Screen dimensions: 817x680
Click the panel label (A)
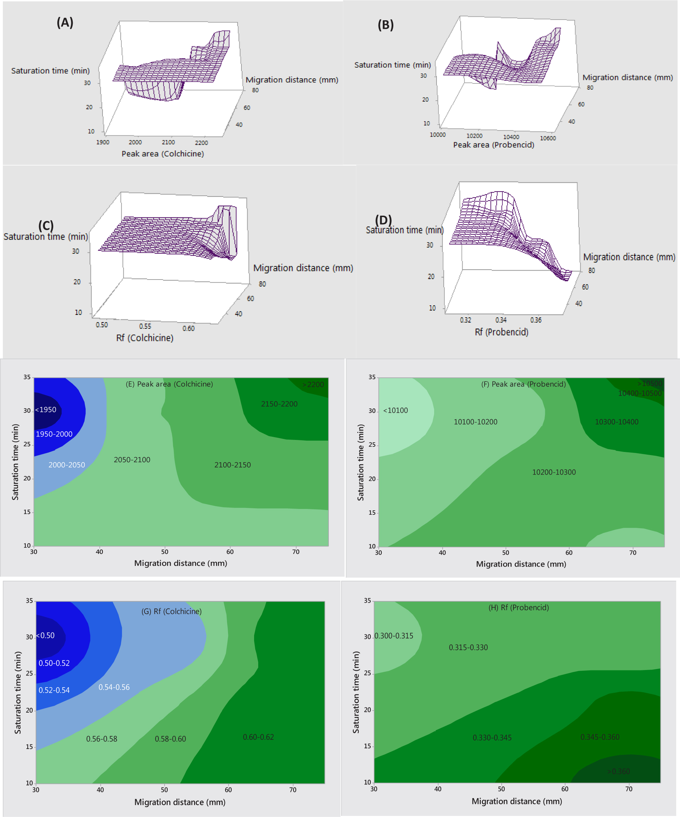click(65, 23)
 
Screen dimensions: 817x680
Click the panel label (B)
click(385, 25)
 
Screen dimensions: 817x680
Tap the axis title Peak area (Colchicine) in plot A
click(163, 154)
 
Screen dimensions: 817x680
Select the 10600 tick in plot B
click(548, 138)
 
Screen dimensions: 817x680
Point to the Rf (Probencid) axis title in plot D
click(501, 332)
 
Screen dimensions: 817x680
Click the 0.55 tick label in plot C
click(145, 326)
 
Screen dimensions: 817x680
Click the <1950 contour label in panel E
click(46, 410)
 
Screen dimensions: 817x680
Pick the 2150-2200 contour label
click(279, 404)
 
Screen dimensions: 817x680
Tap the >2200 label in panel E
click(313, 384)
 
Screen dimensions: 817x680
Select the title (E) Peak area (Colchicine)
click(169, 384)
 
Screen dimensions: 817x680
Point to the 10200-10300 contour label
click(554, 472)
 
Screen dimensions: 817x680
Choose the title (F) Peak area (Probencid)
click(523, 384)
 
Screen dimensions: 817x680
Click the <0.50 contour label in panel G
click(46, 635)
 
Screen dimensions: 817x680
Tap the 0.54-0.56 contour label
click(114, 687)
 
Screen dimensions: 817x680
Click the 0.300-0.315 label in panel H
click(394, 636)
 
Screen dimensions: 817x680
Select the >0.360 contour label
click(619, 771)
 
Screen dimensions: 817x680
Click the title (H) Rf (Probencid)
click(518, 607)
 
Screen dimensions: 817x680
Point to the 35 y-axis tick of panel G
click(29, 601)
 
